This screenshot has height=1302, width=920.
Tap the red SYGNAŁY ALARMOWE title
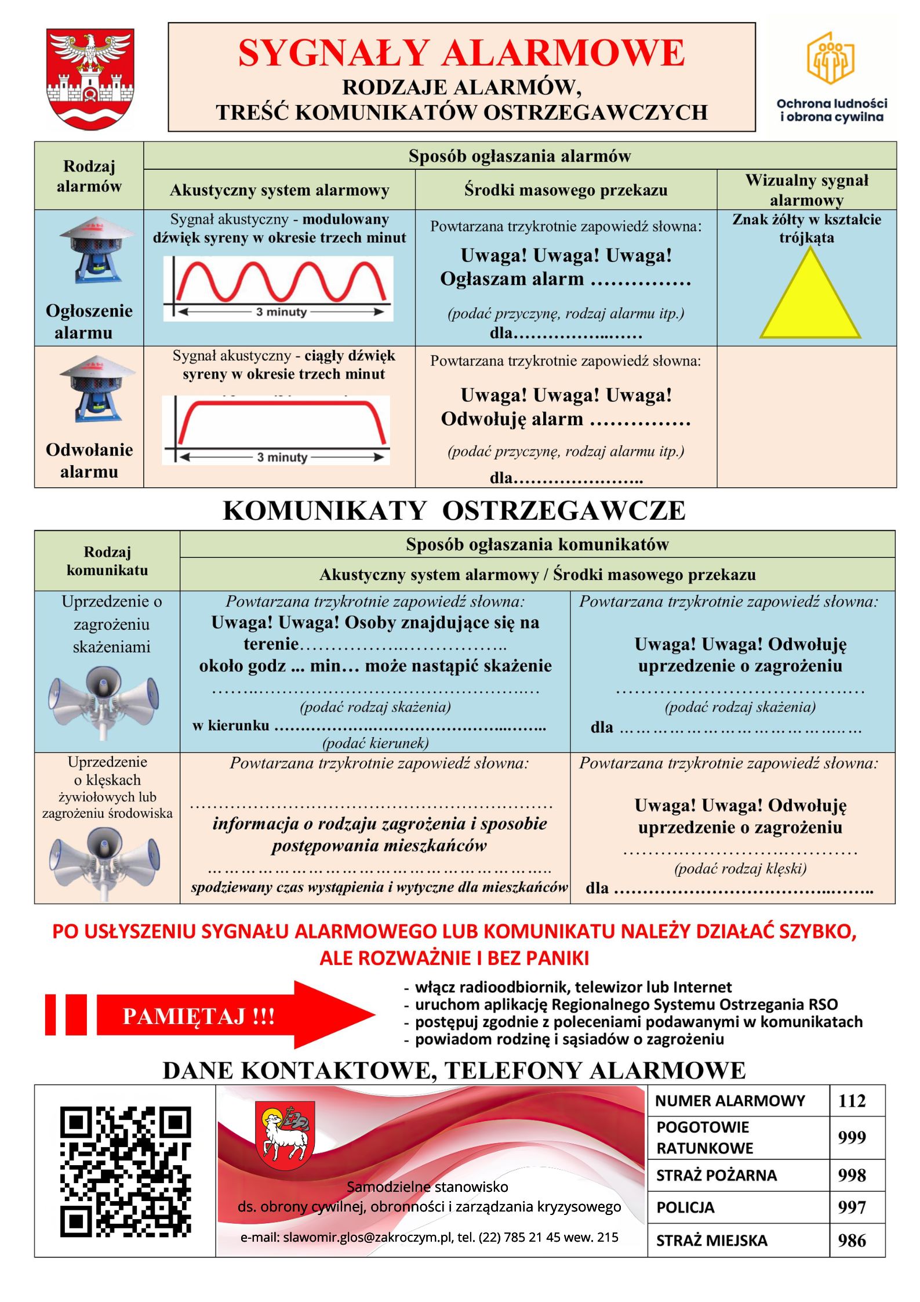(461, 53)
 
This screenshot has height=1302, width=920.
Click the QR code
(125, 1171)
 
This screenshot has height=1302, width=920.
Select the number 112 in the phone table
(852, 1101)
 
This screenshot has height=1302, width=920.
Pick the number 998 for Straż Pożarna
(852, 1175)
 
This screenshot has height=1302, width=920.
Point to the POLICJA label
(685, 1207)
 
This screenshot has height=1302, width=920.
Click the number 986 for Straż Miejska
(852, 1240)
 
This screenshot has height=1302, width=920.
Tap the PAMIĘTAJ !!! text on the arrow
(198, 1016)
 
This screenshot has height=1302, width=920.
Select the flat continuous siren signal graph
(277, 430)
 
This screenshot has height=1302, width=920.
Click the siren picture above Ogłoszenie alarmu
(90, 250)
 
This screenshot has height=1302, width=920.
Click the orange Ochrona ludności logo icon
(831, 58)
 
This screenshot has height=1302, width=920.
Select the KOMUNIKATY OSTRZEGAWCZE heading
(454, 510)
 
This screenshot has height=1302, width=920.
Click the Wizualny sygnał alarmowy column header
(806, 190)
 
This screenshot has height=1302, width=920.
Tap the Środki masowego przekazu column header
(566, 190)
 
